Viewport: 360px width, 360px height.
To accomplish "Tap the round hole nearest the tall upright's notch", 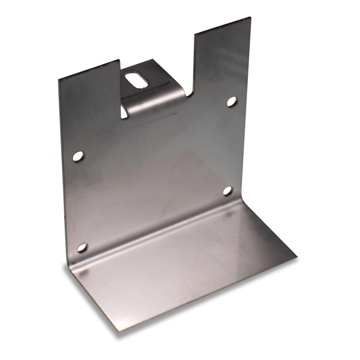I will click(231, 101).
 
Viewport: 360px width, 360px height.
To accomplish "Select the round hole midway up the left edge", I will click(78, 156).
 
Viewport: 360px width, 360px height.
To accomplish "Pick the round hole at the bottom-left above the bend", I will click(82, 248).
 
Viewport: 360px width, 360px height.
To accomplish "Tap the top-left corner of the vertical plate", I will click(59, 79).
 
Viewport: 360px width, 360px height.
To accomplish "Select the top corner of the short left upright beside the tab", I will click(119, 61).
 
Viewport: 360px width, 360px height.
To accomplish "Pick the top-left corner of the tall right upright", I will click(194, 35).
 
